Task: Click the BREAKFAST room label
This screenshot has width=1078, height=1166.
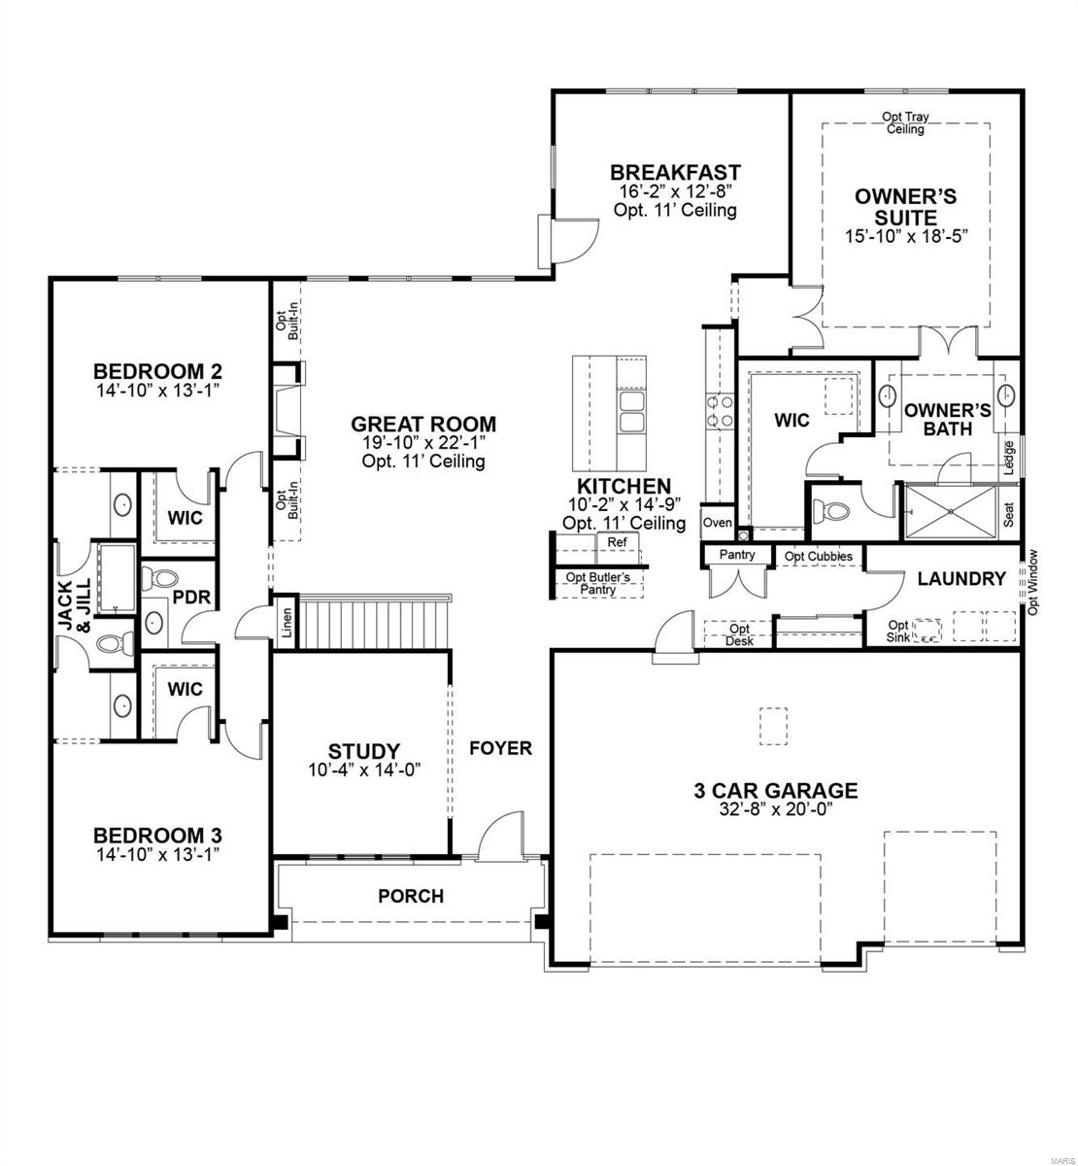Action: click(x=675, y=173)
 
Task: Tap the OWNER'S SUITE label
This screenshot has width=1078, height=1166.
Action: click(x=905, y=206)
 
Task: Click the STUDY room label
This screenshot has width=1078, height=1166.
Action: click(x=363, y=751)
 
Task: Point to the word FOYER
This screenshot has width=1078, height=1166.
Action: click(x=501, y=748)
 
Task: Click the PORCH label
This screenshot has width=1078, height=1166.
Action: click(x=411, y=896)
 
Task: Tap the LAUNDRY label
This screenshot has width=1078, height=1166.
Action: click(x=961, y=579)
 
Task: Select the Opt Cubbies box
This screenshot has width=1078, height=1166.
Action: click(x=819, y=557)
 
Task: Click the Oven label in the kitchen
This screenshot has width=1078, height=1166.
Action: click(x=717, y=523)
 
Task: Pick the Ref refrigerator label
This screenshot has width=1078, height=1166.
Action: click(x=617, y=542)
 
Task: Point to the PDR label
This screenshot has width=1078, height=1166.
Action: click(x=191, y=598)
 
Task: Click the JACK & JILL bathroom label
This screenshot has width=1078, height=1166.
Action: click(x=73, y=606)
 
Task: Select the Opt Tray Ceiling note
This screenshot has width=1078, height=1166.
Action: click(x=905, y=123)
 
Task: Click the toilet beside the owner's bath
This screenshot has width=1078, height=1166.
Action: click(x=831, y=510)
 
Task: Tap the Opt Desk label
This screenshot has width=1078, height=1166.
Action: click(x=738, y=634)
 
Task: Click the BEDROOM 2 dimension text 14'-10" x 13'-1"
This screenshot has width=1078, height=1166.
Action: click(x=157, y=390)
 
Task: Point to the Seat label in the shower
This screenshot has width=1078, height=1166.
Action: click(x=1009, y=514)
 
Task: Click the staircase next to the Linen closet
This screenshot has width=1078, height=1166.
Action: click(x=375, y=623)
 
